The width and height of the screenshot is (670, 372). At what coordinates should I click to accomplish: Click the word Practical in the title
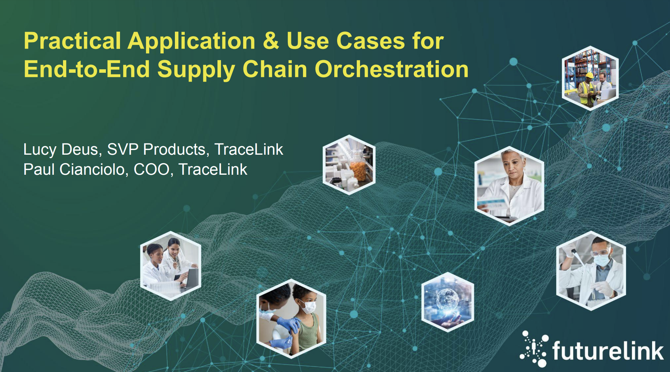coord(72,41)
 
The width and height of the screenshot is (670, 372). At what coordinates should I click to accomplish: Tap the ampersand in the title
coord(271,41)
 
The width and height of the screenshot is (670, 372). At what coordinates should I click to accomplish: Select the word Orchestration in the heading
coord(391,69)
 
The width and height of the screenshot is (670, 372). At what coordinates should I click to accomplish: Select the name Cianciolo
coord(94,169)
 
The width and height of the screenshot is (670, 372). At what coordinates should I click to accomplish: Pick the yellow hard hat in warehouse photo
coord(589,75)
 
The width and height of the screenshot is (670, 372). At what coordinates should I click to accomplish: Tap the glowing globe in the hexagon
coord(447,300)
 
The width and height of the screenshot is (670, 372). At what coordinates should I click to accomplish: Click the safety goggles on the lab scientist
coord(601,252)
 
